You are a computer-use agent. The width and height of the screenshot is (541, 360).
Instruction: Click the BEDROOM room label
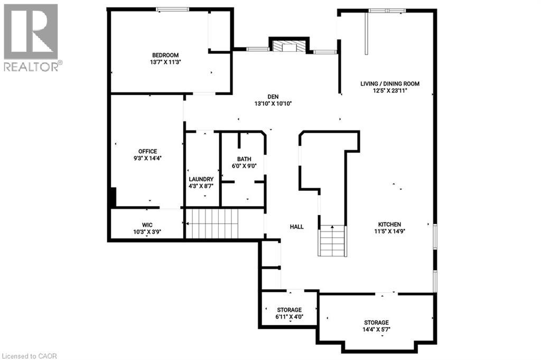pos(165,55)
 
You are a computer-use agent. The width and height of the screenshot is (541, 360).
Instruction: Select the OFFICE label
pos(148,151)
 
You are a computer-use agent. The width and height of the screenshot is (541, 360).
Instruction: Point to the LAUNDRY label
pos(201,179)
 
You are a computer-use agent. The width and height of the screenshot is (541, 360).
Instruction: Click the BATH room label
pos(244,159)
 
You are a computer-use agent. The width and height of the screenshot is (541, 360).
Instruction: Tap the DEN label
pos(273,96)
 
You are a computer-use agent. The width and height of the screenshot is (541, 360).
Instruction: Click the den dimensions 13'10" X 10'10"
pos(273,104)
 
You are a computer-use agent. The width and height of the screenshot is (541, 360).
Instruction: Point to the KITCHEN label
pos(389,224)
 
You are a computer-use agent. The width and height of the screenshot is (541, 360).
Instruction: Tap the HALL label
pos(296,226)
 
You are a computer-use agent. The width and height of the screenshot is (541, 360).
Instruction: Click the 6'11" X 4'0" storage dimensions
pos(290,317)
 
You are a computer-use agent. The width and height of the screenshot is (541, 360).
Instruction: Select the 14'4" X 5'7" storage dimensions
pos(376,329)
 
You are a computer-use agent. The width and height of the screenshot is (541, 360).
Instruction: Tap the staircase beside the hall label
pos(333,241)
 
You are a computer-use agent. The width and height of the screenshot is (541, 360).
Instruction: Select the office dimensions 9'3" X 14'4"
pos(148,158)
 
